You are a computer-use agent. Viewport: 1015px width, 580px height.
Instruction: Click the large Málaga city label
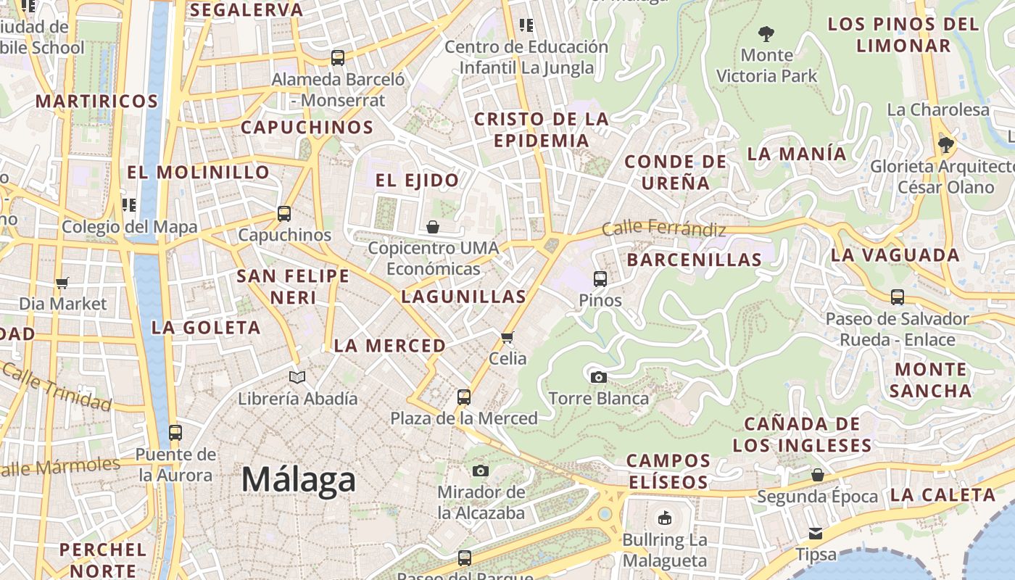click(299, 480)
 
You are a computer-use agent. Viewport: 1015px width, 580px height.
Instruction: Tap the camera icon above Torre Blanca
click(598, 377)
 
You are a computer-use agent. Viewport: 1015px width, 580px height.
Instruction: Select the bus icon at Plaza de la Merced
click(464, 397)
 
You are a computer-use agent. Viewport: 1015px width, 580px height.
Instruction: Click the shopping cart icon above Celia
click(507, 337)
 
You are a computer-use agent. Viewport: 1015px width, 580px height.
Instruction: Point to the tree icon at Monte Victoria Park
click(766, 33)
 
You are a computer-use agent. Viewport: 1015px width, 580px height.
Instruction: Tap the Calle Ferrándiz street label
click(663, 228)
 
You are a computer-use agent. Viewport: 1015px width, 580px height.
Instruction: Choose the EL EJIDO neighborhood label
click(417, 181)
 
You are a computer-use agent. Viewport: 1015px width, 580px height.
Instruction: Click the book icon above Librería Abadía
click(297, 377)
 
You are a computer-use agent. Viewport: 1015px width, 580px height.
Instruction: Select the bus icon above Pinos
click(600, 278)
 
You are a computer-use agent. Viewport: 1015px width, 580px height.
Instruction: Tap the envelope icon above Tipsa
click(816, 534)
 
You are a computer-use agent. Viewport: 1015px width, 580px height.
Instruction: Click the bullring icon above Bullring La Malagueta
click(664, 518)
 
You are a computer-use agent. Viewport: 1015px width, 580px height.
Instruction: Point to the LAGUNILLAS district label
click(463, 297)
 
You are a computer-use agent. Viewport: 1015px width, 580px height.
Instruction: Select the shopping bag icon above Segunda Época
click(817, 475)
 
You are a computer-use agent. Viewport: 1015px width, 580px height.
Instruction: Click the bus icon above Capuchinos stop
click(284, 214)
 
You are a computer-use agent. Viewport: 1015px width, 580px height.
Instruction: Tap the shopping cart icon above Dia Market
click(62, 283)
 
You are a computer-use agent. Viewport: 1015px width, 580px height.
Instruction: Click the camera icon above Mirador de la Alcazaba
click(480, 471)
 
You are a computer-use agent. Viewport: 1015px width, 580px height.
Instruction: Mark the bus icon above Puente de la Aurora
click(175, 433)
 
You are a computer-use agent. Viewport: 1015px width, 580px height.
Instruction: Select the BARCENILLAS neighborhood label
click(694, 260)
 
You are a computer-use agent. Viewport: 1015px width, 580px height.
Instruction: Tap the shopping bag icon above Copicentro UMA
click(433, 227)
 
